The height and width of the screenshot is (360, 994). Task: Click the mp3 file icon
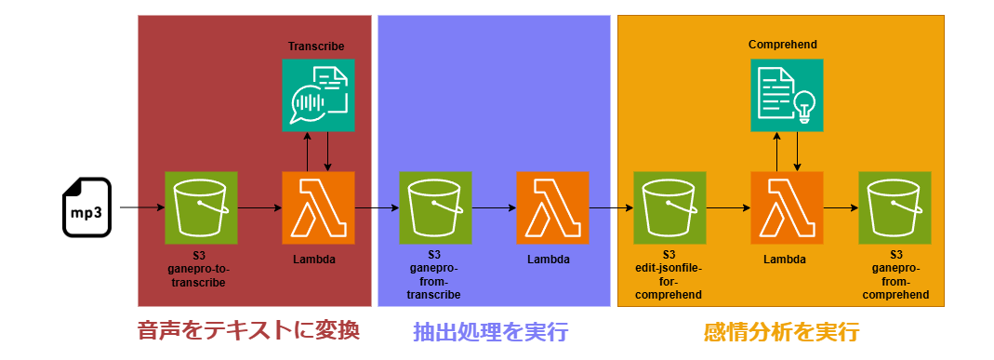click(86, 207)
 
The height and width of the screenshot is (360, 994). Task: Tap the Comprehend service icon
click(787, 95)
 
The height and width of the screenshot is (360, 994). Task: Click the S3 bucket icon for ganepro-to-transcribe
click(201, 207)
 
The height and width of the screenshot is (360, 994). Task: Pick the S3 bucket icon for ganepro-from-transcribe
click(435, 207)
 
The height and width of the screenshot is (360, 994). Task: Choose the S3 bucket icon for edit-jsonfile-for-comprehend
click(669, 207)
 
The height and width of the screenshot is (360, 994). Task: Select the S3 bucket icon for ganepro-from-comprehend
click(895, 207)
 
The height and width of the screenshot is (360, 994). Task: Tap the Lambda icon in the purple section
click(552, 207)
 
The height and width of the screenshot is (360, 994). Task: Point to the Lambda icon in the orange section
click(787, 207)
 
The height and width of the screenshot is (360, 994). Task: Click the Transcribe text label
click(316, 47)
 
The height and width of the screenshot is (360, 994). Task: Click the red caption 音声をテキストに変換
click(247, 330)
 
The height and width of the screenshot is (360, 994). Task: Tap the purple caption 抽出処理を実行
click(490, 331)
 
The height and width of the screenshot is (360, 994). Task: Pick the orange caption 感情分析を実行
click(781, 331)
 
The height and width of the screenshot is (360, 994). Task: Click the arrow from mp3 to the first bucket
click(141, 207)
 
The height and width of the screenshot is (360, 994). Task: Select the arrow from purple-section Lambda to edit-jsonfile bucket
click(610, 207)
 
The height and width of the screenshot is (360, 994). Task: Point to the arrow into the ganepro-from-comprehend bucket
click(841, 207)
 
